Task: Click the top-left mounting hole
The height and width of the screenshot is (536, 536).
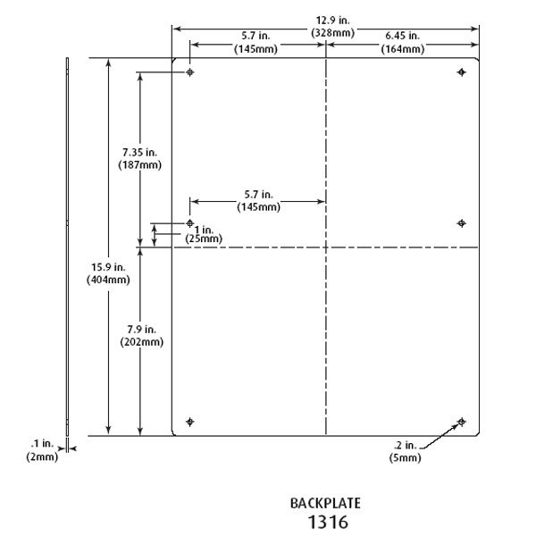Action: click(x=190, y=72)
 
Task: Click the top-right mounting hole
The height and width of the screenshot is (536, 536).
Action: click(x=462, y=72)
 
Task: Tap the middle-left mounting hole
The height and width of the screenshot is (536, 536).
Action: click(x=190, y=223)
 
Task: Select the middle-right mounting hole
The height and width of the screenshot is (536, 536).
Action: click(x=462, y=223)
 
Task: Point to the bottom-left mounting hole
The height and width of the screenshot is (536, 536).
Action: click(x=190, y=422)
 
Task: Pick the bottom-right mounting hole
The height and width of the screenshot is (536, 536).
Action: click(x=462, y=422)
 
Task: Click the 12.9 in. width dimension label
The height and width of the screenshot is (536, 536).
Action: click(x=332, y=21)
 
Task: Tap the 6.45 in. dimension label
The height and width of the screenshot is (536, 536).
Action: click(x=402, y=36)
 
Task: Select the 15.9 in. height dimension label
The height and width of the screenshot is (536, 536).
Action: click(x=108, y=267)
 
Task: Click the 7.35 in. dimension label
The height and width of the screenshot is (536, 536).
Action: click(x=140, y=153)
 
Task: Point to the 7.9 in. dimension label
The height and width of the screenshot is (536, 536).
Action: click(x=141, y=330)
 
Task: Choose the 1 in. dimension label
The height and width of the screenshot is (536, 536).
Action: click(x=204, y=230)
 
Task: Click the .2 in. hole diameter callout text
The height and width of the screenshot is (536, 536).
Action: click(x=405, y=446)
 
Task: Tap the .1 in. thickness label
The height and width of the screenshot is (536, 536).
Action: click(x=42, y=444)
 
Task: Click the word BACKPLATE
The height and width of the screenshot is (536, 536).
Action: click(x=325, y=504)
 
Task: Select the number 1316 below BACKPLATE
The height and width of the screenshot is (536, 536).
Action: click(x=328, y=522)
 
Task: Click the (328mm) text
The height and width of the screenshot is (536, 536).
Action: click(x=332, y=33)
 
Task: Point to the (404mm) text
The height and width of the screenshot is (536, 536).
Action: click(x=108, y=280)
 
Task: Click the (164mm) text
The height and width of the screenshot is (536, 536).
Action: click(x=403, y=49)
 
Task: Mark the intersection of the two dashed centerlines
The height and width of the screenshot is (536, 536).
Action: click(x=326, y=247)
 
